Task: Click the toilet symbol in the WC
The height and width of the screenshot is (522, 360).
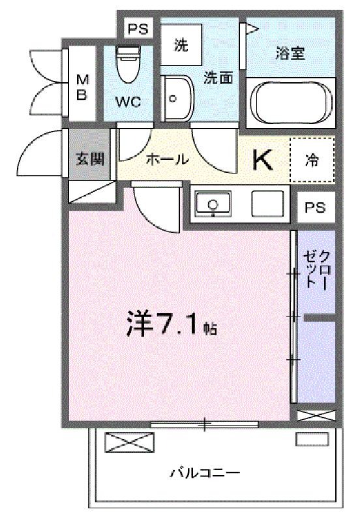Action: click(128, 64)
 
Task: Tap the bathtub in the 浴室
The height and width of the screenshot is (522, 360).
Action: click(291, 102)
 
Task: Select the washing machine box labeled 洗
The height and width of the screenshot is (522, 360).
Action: click(181, 44)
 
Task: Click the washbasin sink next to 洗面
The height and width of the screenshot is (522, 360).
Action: click(177, 99)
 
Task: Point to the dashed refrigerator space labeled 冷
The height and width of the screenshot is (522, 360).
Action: click(312, 160)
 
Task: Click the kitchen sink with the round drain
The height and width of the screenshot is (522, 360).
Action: click(213, 204)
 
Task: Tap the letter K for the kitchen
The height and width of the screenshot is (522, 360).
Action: click(263, 160)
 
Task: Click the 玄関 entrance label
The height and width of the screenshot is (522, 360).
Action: click(90, 159)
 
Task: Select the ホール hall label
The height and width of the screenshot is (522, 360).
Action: click(168, 159)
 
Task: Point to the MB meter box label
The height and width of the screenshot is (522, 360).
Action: click(82, 87)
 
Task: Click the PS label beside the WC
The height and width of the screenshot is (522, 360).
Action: click(138, 29)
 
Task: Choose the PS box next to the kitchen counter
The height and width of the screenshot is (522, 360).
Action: click(315, 207)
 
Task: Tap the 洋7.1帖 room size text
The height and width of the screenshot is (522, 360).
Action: click(172, 324)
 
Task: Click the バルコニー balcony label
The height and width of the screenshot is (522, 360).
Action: click(205, 472)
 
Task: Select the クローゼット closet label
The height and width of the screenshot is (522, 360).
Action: click(317, 269)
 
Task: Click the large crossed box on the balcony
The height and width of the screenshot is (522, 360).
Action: click(130, 442)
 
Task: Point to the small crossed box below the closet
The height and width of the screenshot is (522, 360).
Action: click(316, 415)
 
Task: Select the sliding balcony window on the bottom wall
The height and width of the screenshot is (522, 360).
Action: click(205, 424)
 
